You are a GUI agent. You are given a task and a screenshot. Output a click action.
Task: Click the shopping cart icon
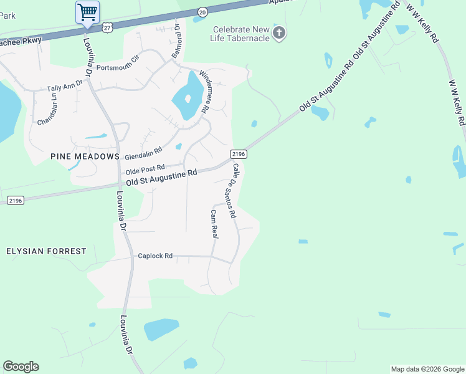87,12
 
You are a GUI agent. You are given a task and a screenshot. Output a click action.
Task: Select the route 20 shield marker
202,12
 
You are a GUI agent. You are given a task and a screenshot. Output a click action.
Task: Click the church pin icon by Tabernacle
279,33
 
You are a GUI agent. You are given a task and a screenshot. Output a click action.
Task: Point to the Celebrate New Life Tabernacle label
241,34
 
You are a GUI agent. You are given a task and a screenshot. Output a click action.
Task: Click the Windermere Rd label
206,92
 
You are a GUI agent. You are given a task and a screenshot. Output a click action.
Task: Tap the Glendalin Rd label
143,153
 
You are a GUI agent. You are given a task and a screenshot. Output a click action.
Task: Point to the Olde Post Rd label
145,168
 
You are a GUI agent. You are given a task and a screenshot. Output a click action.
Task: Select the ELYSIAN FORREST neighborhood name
46,251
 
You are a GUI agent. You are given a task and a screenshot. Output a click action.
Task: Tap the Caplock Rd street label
155,256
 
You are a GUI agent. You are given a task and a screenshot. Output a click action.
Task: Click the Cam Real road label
214,224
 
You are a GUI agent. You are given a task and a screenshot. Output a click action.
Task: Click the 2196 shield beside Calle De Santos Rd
239,154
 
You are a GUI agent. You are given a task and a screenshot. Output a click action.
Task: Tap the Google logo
21,367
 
